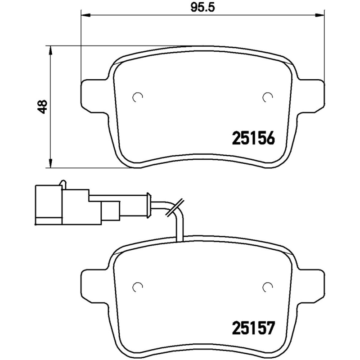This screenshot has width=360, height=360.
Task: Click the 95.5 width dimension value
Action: point(203,8)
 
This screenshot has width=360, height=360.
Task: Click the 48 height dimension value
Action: point(43,107)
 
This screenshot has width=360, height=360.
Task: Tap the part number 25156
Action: point(253,138)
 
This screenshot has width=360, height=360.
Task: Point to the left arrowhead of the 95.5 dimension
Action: point(85,15)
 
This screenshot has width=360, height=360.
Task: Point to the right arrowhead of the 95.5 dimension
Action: point(320,15)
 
